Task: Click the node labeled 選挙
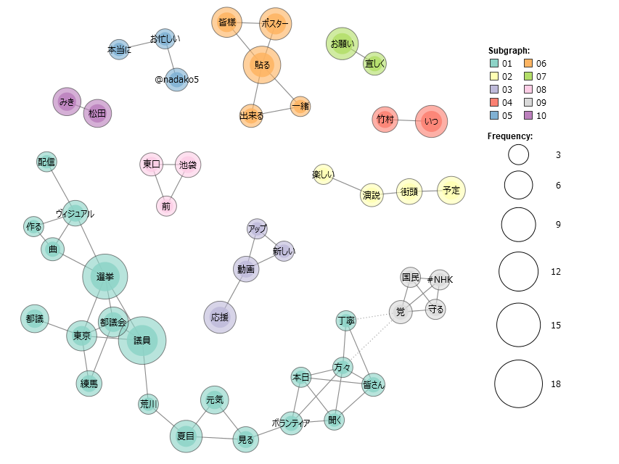[105, 277]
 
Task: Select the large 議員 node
[142, 340]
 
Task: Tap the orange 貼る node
[262, 65]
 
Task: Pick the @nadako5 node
[176, 79]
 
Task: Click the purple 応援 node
[219, 318]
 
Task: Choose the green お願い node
[343, 43]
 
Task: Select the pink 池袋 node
[187, 165]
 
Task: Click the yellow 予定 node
[451, 190]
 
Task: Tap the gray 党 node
[400, 312]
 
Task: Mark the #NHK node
[440, 280]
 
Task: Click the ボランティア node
[290, 423]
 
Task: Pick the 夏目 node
[186, 436]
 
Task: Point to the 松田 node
[97, 113]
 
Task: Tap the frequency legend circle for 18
[519, 384]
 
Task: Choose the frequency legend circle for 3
[519, 154]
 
